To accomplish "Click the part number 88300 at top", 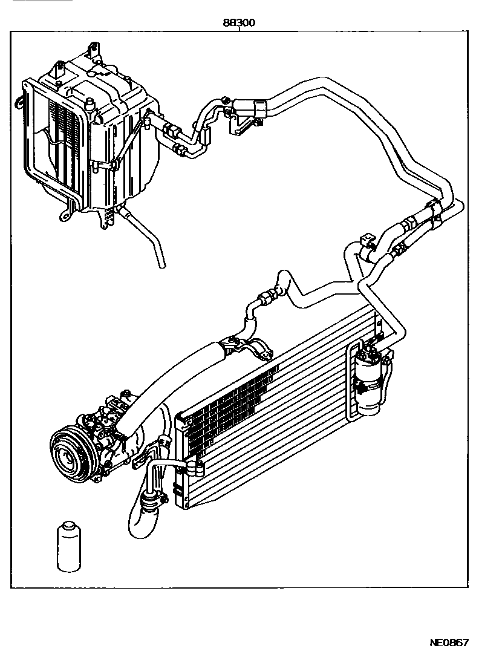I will [x=239, y=22].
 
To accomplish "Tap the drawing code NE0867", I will [x=448, y=643].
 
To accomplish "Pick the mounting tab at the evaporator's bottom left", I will [x=63, y=213].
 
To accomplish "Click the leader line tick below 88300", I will [x=240, y=30].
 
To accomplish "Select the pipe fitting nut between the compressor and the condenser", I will [x=195, y=466].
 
